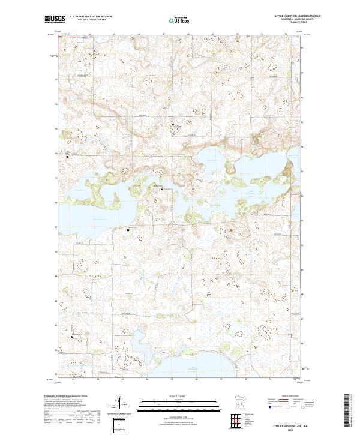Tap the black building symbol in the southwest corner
tap(73, 336)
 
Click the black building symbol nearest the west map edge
tap(68, 157)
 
